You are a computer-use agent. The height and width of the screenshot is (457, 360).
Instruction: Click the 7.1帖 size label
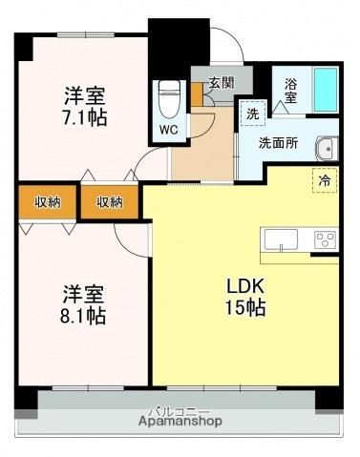tap(85, 119)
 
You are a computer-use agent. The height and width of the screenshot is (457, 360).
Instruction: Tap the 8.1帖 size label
tap(85, 315)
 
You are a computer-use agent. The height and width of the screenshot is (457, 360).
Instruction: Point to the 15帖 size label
tap(244, 308)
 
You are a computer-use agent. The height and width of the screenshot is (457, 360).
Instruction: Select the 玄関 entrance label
tap(221, 83)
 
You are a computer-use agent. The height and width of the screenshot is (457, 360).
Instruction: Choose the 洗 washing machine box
tap(252, 112)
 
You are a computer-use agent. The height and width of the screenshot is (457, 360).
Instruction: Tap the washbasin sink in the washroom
tap(326, 148)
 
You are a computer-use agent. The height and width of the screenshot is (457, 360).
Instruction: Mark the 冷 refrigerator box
tap(324, 177)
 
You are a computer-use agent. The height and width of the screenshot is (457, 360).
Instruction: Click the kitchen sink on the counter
tap(281, 239)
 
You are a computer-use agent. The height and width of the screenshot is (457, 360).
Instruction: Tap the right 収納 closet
tap(110, 202)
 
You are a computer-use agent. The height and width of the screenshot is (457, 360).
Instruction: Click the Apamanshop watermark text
tap(180, 420)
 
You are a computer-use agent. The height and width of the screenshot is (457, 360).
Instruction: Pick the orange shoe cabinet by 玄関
tap(197, 93)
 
